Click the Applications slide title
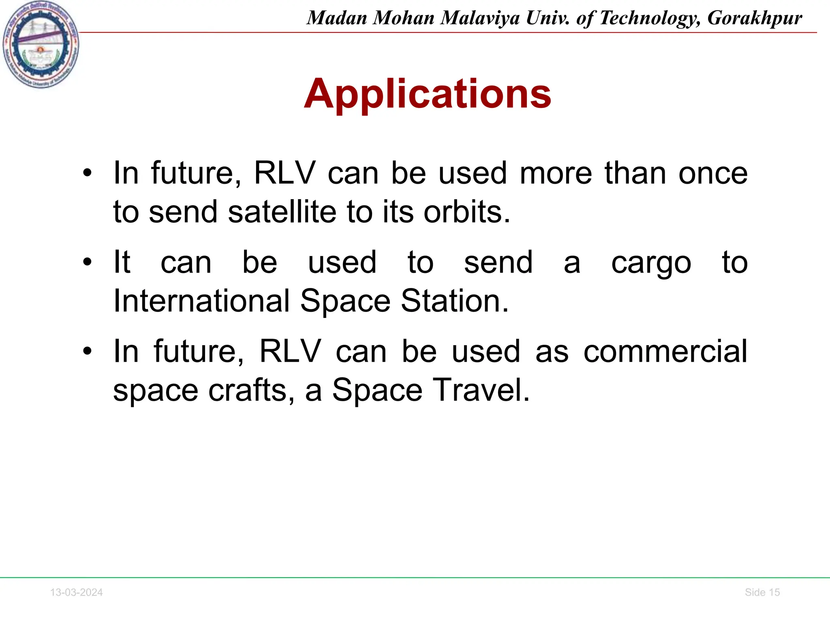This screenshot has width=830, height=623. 428,94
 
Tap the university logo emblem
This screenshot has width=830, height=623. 41,45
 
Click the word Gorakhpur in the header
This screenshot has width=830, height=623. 755,18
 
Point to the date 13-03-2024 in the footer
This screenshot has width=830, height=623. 76,592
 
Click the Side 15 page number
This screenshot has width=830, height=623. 762,592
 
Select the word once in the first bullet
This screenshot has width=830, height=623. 713,174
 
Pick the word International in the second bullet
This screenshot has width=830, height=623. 201,301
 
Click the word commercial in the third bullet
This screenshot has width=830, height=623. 665,351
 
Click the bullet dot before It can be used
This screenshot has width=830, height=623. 87,262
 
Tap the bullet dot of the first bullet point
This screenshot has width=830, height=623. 87,174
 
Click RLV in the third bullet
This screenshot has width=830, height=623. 290,351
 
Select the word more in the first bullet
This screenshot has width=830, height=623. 556,174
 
